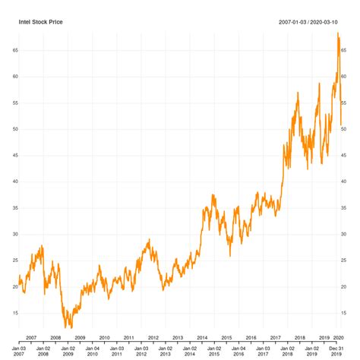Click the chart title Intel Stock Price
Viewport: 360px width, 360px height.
point(41,22)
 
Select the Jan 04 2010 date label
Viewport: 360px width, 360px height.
point(92,350)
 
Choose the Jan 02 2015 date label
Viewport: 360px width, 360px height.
point(214,350)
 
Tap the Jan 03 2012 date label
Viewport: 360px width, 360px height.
point(141,350)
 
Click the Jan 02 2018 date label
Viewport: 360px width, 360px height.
point(288,350)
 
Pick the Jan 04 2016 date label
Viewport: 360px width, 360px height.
point(238,350)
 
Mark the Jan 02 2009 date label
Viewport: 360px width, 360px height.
point(68,350)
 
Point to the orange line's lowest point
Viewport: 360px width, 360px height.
point(68,327)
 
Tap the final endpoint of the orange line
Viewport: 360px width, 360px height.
point(342,124)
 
